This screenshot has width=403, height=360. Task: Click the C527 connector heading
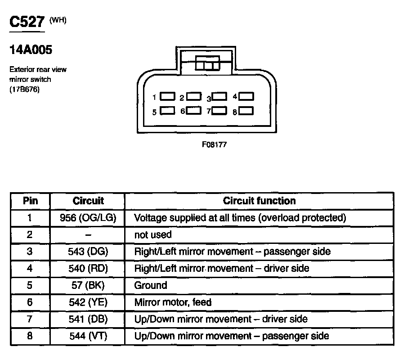(27, 23)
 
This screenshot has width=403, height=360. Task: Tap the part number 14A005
(31, 50)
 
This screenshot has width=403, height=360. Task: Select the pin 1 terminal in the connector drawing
(168, 96)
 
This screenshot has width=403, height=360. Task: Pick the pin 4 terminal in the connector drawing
(246, 96)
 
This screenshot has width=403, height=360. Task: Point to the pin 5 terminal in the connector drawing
(168, 111)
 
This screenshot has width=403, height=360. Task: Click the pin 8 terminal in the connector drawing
(246, 111)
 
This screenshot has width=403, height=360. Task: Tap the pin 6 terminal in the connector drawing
(194, 110)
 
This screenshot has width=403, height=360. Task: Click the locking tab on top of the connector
(207, 64)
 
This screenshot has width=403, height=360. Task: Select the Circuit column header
(88, 201)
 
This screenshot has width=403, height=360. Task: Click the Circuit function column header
(260, 201)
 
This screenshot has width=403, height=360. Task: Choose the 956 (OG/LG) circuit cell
(88, 218)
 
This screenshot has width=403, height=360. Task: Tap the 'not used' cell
(153, 235)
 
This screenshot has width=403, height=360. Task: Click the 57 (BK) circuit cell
(88, 285)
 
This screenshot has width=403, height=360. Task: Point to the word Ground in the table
(151, 285)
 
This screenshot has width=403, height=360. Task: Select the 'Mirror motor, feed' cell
(173, 302)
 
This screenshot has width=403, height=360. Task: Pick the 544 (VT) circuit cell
(88, 336)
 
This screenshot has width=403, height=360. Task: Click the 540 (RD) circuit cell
(88, 269)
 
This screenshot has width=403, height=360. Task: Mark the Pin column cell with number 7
(30, 319)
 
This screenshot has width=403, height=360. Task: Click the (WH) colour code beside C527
(58, 20)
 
